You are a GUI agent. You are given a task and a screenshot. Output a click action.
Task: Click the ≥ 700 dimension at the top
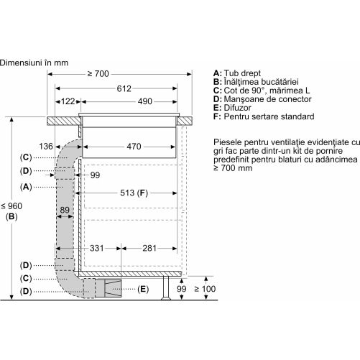tap(98, 74)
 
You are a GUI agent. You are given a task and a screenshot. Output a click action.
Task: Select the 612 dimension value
tap(124, 88)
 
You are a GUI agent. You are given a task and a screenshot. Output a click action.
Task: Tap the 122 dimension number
tap(68, 101)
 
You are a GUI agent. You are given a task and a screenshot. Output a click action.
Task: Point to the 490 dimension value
tap(145, 101)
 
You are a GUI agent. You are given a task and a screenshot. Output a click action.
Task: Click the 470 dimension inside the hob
tap(134, 147)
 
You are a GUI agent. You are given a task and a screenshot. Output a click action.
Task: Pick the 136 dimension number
tap(46, 147)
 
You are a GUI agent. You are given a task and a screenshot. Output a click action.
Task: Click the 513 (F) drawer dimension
tap(134, 193)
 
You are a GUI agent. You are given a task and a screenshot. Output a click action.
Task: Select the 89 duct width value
tap(65, 210)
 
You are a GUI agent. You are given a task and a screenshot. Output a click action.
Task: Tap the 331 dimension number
tap(97, 248)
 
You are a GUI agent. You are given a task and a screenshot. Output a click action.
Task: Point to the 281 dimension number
tap(149, 248)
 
